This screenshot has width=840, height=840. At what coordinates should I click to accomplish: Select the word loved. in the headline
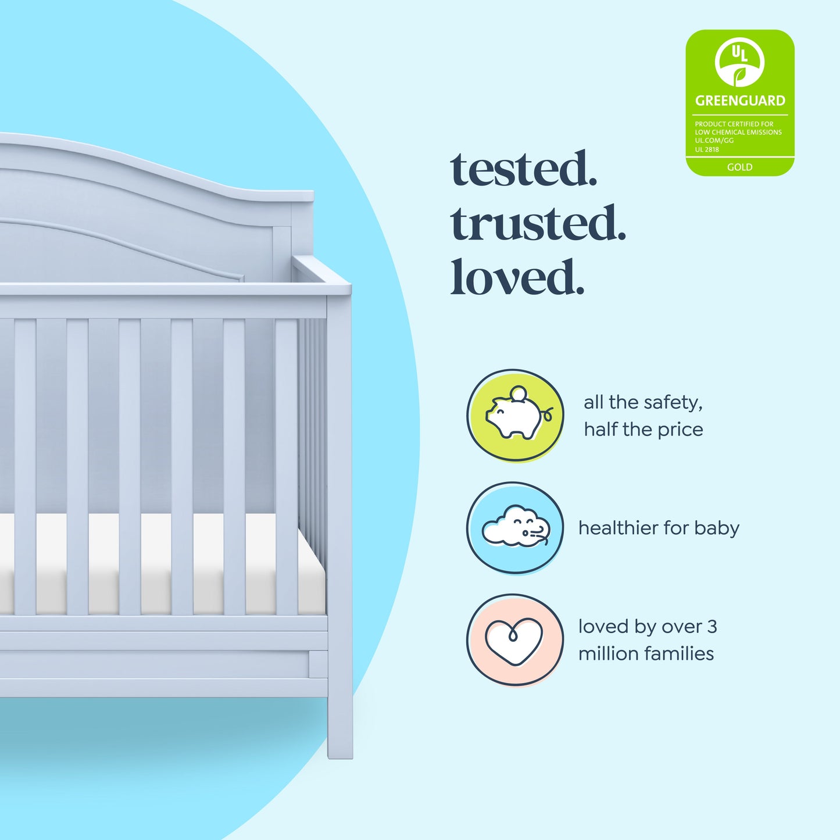[517, 277]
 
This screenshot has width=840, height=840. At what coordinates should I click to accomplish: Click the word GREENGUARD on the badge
[740, 101]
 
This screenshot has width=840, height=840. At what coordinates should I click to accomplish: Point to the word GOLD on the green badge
[739, 167]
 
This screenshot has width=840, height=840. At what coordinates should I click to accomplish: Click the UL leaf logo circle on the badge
[739, 62]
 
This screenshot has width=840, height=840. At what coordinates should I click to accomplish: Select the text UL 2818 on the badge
[707, 149]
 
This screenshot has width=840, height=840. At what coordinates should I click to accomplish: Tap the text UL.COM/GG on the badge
[714, 141]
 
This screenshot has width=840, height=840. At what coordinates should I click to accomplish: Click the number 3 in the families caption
[712, 627]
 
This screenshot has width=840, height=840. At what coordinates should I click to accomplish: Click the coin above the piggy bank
[518, 393]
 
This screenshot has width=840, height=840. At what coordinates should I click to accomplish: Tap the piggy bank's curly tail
[548, 414]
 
